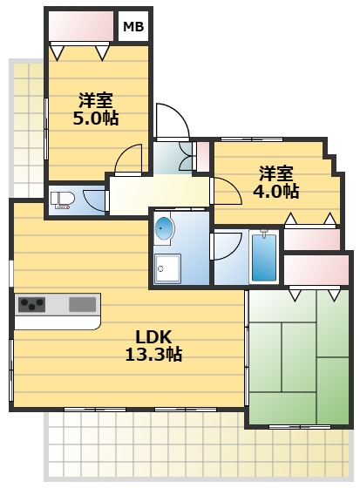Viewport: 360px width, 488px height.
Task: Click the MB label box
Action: click(x=133, y=26)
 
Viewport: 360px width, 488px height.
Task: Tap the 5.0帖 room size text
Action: click(x=96, y=118)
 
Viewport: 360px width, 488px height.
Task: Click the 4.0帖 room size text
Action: click(x=276, y=191)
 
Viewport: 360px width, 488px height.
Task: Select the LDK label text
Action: click(x=153, y=336)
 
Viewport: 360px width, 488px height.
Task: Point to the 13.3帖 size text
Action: click(x=153, y=354)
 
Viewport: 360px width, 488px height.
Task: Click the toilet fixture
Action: click(x=63, y=200)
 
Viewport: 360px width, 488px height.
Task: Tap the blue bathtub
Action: click(x=264, y=257)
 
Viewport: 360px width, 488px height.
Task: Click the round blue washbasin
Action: click(x=164, y=227)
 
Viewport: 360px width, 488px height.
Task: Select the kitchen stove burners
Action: click(x=31, y=304)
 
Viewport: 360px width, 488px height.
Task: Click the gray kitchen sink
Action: click(x=82, y=304)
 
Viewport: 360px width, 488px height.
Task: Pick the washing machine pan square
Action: click(x=167, y=268)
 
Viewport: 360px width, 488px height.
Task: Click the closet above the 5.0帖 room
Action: click(x=81, y=26)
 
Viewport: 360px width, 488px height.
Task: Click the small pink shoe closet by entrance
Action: click(x=203, y=157)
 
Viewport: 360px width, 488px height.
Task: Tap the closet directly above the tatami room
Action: click(x=316, y=270)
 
